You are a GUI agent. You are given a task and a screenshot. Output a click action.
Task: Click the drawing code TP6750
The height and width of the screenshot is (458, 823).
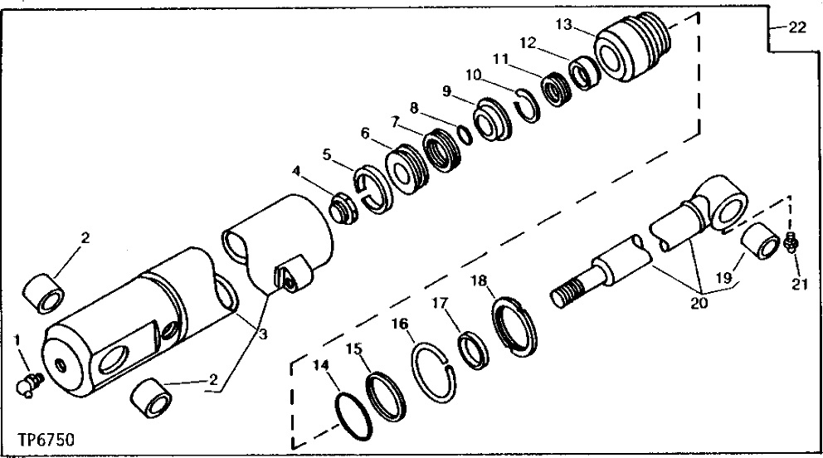click(46, 439)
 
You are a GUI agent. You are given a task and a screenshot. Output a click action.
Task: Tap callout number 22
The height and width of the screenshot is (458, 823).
click(797, 27)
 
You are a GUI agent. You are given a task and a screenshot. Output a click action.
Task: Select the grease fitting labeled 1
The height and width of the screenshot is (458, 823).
click(29, 383)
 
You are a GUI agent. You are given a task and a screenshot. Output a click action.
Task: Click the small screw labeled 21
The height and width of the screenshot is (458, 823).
click(791, 243)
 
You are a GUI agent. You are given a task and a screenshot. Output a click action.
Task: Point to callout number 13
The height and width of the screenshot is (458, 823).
click(563, 24)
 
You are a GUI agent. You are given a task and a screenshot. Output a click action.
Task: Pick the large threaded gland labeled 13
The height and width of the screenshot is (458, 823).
click(632, 46)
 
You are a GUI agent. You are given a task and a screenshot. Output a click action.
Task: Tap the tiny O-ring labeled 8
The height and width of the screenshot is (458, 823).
click(464, 135)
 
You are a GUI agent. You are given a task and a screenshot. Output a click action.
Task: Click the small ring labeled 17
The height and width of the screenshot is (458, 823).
click(473, 350)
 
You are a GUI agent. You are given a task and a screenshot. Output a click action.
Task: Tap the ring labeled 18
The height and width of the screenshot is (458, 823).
click(514, 327)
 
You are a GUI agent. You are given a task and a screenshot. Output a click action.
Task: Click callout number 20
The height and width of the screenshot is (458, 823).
click(699, 302)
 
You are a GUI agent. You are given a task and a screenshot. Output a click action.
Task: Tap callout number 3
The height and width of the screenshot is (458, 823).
click(262, 334)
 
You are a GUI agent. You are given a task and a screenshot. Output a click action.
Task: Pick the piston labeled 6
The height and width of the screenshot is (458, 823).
click(407, 169)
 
